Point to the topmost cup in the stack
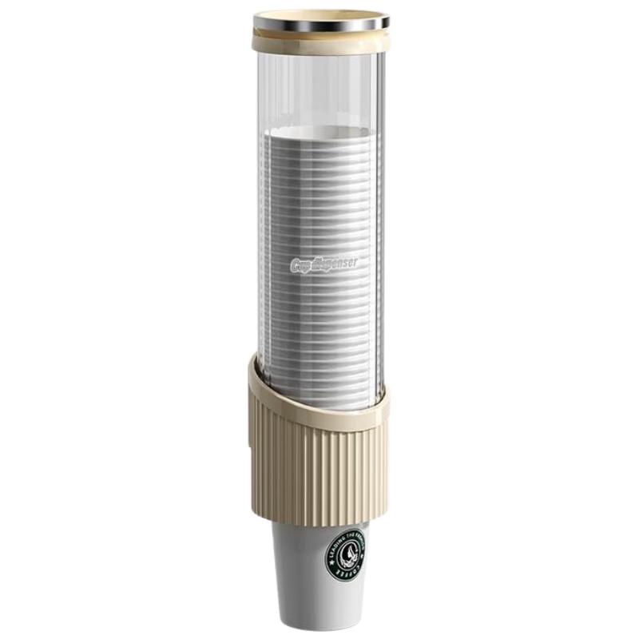click(319, 138)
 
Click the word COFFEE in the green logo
click(344, 573)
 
